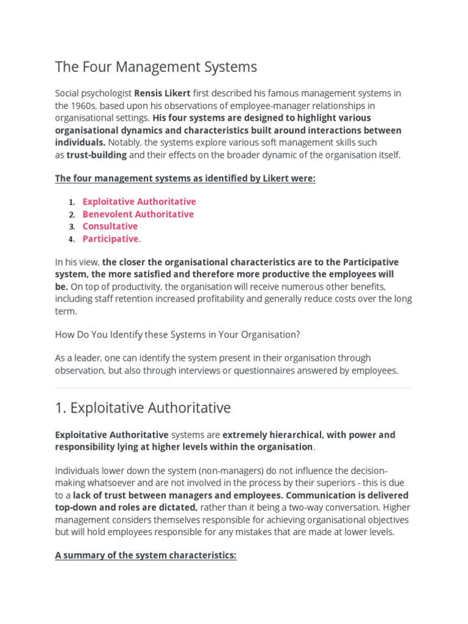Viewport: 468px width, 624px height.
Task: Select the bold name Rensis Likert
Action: pyautogui.click(x=162, y=93)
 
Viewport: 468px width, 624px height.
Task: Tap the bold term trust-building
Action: pyautogui.click(x=97, y=155)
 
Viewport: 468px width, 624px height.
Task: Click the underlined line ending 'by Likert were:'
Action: pyautogui.click(x=185, y=179)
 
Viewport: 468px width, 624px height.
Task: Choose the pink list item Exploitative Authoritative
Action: pyautogui.click(x=139, y=202)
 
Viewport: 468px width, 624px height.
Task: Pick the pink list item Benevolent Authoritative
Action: pyautogui.click(x=138, y=214)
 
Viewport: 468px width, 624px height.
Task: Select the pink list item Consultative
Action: pyautogui.click(x=110, y=226)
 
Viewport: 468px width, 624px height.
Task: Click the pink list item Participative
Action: pyautogui.click(x=110, y=239)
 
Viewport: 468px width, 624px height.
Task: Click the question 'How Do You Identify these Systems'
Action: pyautogui.click(x=177, y=335)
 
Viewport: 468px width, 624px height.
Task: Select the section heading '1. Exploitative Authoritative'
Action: pyautogui.click(x=143, y=408)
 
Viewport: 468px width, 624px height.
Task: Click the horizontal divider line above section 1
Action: pyautogui.click(x=234, y=388)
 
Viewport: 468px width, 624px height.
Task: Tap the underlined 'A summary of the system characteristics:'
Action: pyautogui.click(x=146, y=556)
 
